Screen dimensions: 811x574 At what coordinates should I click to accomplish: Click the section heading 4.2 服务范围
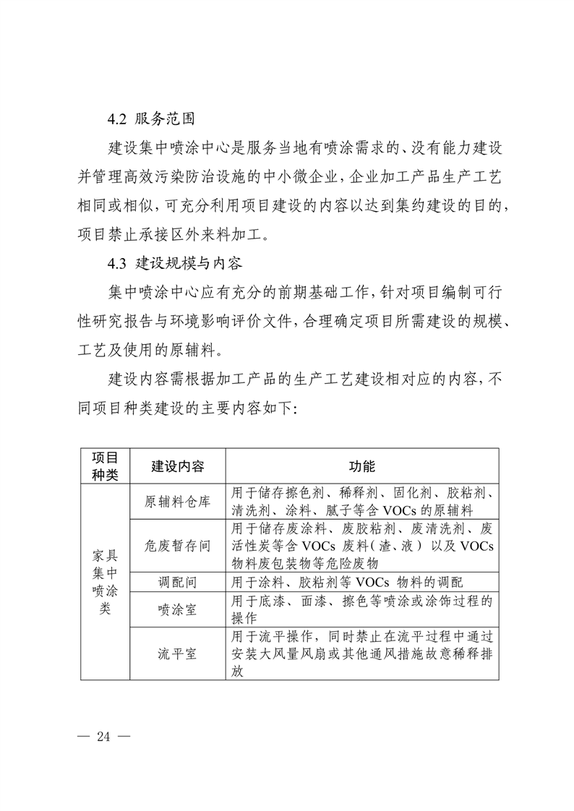(x=150, y=119)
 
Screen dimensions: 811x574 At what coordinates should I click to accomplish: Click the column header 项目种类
(x=105, y=465)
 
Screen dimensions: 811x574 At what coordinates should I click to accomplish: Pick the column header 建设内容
(x=177, y=465)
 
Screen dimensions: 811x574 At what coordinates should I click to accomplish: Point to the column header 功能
(x=361, y=465)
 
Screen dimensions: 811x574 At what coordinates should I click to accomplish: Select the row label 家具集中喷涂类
(x=105, y=581)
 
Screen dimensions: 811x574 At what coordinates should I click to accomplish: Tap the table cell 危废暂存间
(x=177, y=546)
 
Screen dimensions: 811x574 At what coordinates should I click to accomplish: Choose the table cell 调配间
(x=177, y=582)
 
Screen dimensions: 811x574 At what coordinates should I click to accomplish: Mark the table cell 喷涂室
(x=177, y=609)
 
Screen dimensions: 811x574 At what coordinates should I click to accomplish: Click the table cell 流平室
(x=177, y=654)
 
